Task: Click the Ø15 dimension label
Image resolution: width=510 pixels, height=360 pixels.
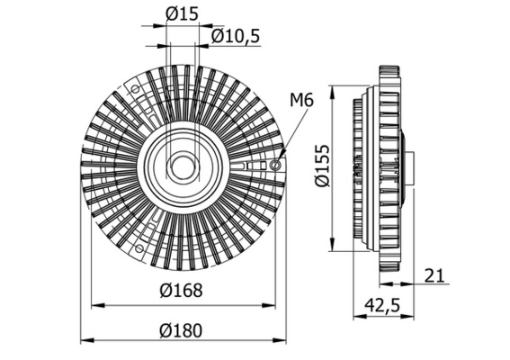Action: pyautogui.click(x=183, y=13)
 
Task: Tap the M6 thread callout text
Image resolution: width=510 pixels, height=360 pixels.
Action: pyautogui.click(x=301, y=101)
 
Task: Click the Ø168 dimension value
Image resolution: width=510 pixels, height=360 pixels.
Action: pyautogui.click(x=183, y=291)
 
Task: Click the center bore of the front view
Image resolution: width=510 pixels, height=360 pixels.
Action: pyautogui.click(x=183, y=166)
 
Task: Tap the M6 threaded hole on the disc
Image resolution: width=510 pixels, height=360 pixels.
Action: pyautogui.click(x=275, y=165)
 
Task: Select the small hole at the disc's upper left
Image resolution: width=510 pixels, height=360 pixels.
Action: pyautogui.click(x=136, y=90)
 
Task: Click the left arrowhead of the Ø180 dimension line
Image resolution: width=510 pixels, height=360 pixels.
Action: pyautogui.click(x=84, y=341)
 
